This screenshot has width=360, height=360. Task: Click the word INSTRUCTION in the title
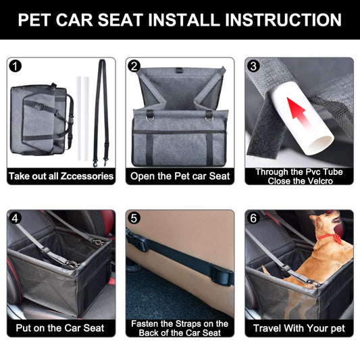click(283, 20)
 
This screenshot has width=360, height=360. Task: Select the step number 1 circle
click(15, 66)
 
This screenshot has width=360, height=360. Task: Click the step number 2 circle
click(134, 66)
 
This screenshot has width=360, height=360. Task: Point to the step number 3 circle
click(253, 66)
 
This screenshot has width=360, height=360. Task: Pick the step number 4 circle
click(15, 218)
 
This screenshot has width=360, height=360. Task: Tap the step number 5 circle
click(134, 218)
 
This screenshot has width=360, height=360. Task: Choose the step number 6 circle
click(253, 218)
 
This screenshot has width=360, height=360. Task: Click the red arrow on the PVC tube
click(298, 111)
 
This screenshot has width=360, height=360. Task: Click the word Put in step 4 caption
click(23, 328)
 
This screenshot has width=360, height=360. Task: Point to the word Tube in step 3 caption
click(334, 172)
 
